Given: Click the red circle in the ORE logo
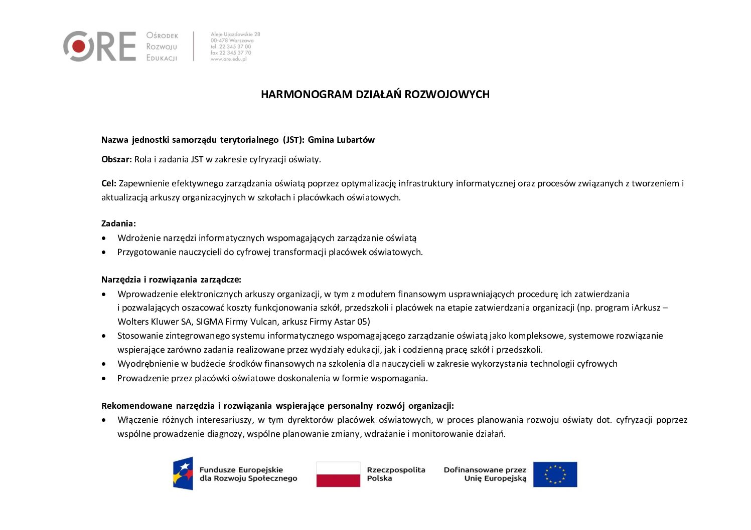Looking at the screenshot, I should pos(79,46).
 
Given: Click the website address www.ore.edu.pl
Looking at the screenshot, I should pos(229,59).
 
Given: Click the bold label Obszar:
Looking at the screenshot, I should pos(116,159).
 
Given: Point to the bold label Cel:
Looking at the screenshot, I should pos(109,183).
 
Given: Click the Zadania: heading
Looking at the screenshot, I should pos(118,223).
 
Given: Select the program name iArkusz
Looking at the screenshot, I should pos(646,308).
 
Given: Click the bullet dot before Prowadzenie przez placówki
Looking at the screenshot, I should pos(104,378).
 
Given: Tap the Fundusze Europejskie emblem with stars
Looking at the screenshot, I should pos(183,473).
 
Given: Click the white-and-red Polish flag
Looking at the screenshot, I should pos(338,474).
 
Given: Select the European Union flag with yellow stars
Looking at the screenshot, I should pos(555,474).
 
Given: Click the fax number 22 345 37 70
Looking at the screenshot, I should pos(235,53).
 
